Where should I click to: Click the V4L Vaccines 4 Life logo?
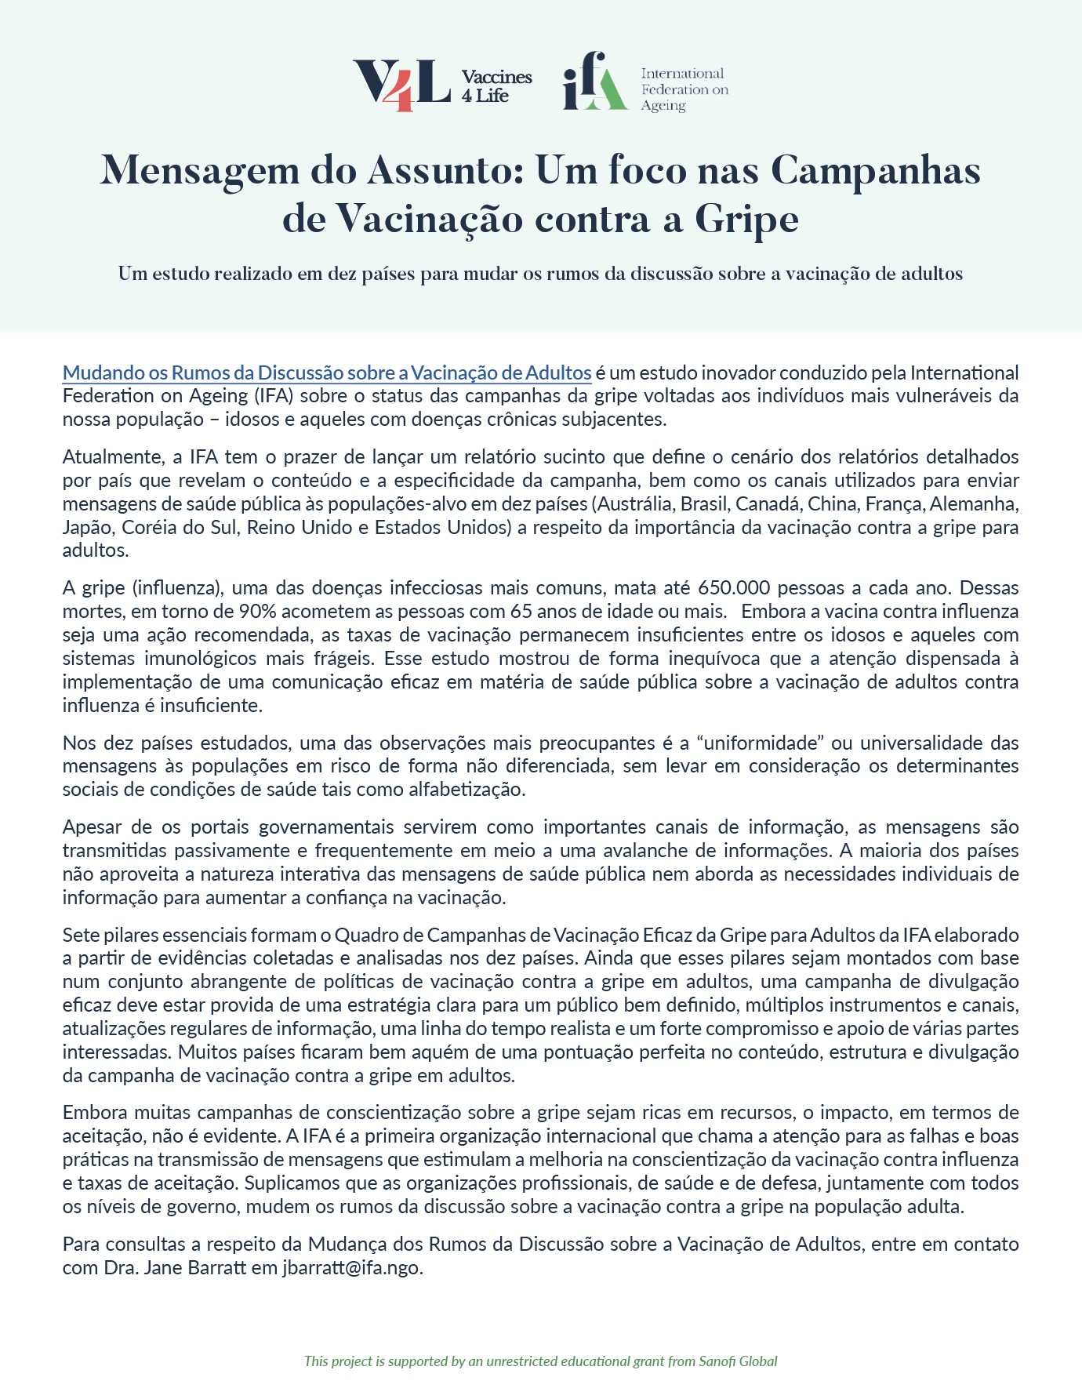[441, 85]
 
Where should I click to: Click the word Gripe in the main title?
[746, 219]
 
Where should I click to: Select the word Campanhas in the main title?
[875, 170]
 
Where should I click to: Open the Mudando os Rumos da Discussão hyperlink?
[326, 372]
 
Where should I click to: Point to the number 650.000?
[728, 587]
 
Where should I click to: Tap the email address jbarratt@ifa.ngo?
[352, 1267]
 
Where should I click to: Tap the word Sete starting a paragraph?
[80, 935]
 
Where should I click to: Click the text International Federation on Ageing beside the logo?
[684, 89]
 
